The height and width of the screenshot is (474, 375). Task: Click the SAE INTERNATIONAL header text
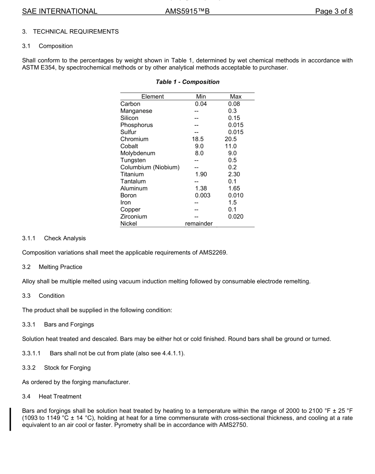click(60, 11)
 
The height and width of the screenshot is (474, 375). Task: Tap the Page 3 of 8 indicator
click(334, 11)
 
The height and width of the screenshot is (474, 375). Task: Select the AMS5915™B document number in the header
click(187, 11)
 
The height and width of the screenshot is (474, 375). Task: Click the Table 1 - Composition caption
click(187, 82)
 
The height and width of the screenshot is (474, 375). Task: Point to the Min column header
click(201, 97)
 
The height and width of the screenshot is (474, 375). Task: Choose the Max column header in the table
click(236, 97)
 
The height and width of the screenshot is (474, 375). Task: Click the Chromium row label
click(134, 139)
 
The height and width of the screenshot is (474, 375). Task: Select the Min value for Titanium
click(201, 174)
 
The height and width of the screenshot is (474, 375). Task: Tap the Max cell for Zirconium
click(236, 216)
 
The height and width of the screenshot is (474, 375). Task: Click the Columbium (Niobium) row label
click(150, 167)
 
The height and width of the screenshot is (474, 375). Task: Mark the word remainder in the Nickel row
click(199, 224)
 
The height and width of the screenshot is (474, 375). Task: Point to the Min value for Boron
click(202, 196)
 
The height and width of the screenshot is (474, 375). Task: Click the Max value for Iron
click(232, 202)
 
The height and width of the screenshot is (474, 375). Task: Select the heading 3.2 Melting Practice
click(52, 267)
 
